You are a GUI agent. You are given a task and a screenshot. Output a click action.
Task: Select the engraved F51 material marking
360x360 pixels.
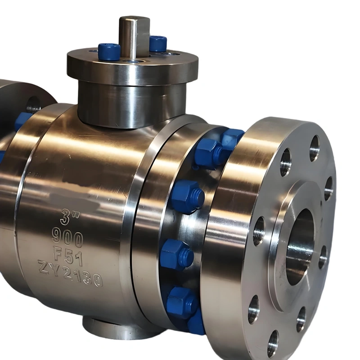(x=68, y=256)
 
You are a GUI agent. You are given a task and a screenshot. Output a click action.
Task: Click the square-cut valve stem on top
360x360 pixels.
(x=134, y=37)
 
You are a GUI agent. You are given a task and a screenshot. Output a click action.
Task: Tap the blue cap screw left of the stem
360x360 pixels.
(x=109, y=52)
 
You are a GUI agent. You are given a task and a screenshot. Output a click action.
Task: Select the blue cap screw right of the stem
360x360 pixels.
(x=158, y=44)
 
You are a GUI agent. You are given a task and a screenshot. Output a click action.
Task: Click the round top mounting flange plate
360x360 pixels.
(x=133, y=65)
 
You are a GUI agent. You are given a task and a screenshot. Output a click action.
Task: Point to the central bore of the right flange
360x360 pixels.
(x=300, y=247)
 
